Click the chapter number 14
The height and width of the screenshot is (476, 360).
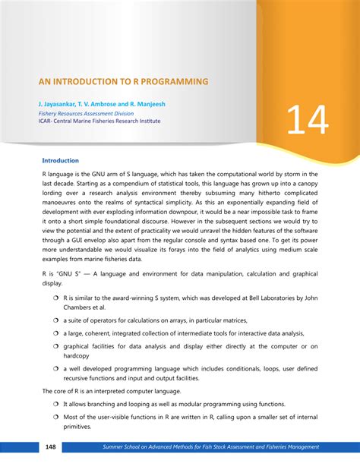pos(307,119)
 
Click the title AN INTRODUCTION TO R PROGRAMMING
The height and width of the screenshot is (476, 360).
pos(124,80)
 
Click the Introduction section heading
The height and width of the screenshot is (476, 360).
pos(61,161)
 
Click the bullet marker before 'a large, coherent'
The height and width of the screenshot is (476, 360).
pos(56,333)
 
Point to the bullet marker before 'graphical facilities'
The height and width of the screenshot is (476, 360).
pos(56,345)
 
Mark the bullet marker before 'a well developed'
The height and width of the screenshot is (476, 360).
pos(56,368)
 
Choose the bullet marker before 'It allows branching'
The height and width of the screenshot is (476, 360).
pos(56,405)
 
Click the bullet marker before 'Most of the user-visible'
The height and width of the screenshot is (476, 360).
pos(56,416)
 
